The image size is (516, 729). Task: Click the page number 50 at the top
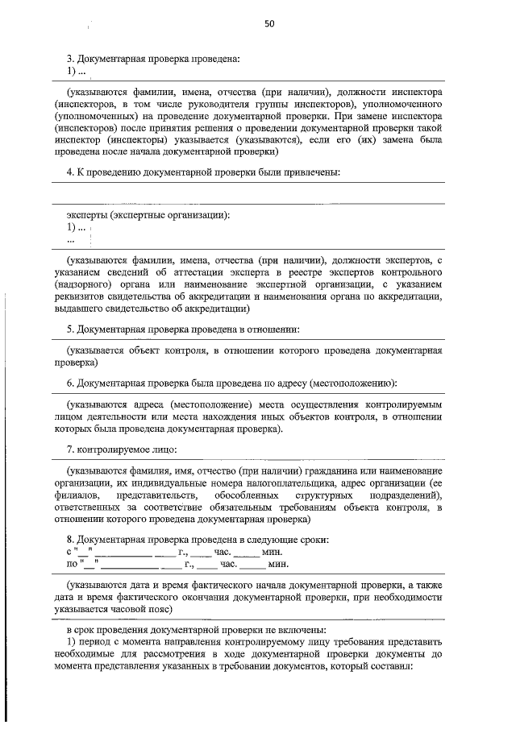(x=269, y=24)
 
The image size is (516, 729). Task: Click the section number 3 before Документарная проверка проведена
(x=70, y=58)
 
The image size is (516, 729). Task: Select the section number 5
(x=70, y=329)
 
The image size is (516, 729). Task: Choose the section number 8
(x=70, y=539)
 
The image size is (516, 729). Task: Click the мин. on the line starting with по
(x=256, y=564)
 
